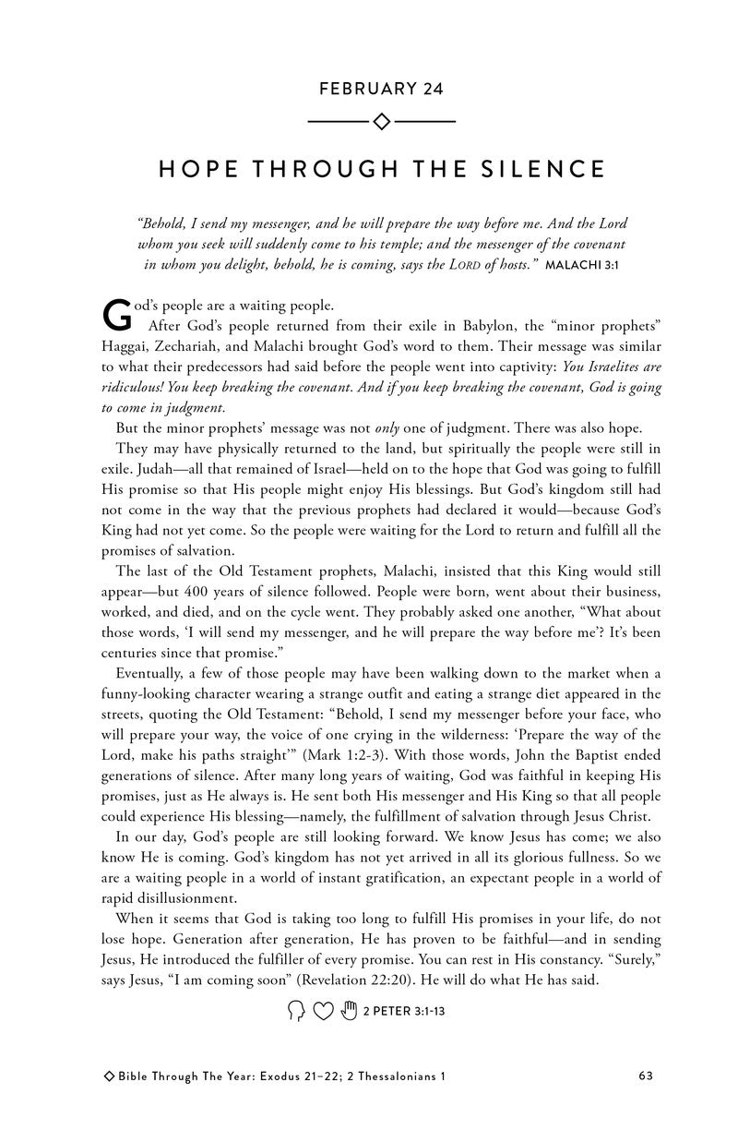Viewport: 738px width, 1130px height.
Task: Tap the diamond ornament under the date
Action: (x=381, y=121)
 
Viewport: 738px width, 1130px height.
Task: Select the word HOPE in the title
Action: (x=196, y=169)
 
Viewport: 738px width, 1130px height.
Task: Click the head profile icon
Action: (x=296, y=1012)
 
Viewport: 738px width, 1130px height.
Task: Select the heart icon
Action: (x=322, y=1012)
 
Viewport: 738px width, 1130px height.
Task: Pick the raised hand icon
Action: (x=348, y=1012)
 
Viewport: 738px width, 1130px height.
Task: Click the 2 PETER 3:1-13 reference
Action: (x=405, y=1012)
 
